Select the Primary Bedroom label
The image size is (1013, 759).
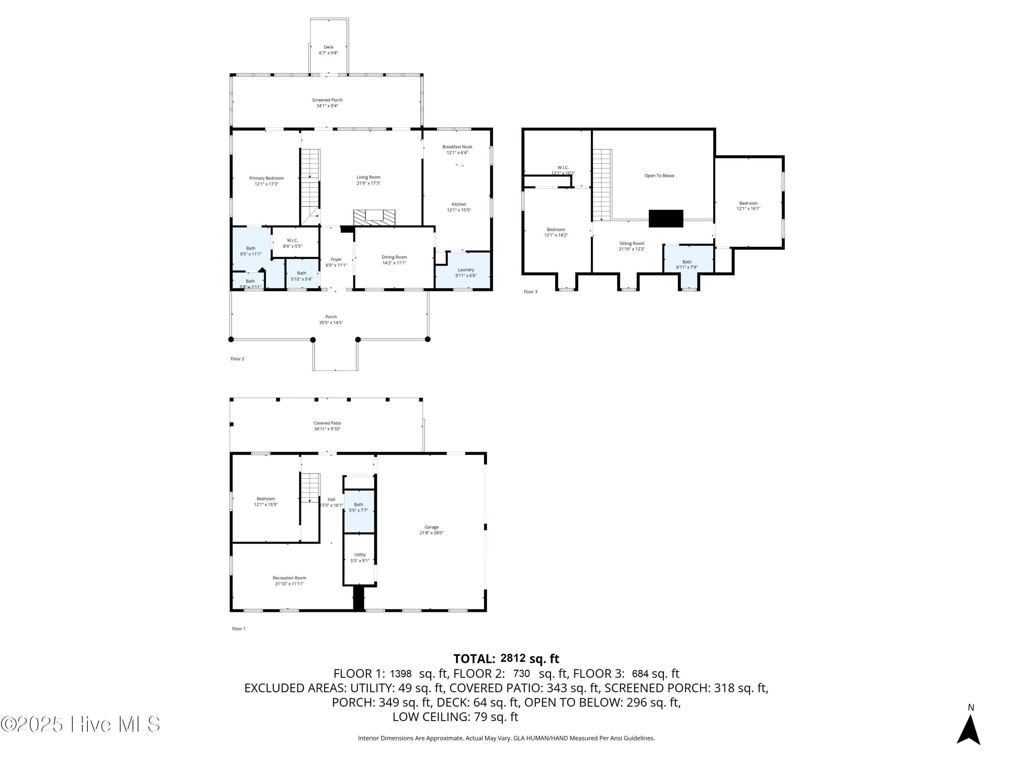click(x=266, y=178)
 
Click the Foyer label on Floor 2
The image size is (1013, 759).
click(x=336, y=259)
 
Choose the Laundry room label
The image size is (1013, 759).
click(x=466, y=270)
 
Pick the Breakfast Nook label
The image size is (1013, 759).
click(x=457, y=147)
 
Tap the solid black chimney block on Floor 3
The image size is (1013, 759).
click(x=666, y=219)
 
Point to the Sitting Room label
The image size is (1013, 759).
click(x=631, y=244)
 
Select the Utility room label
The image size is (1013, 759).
click(x=360, y=555)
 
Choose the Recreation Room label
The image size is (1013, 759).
click(x=289, y=578)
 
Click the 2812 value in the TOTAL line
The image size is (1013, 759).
click(x=513, y=658)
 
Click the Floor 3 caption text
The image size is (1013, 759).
click(x=530, y=292)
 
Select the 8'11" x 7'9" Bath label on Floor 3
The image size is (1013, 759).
click(x=686, y=267)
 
